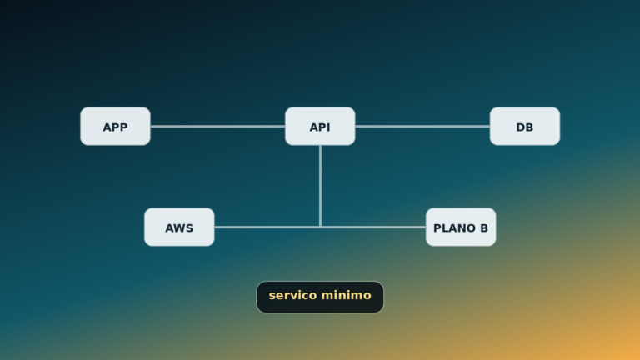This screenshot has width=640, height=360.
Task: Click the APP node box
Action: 116,126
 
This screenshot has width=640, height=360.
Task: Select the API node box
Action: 320,126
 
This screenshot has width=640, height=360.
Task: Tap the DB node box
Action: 525,126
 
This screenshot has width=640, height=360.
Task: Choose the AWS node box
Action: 179,227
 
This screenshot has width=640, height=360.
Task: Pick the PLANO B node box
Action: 461,227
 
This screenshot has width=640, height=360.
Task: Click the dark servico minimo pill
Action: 320,297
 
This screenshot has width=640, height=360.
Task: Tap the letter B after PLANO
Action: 484,228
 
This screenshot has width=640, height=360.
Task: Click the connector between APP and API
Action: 218,127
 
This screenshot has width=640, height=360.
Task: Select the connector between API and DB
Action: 422,127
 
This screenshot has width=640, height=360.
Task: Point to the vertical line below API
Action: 320,186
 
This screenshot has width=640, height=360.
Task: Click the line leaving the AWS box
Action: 267,227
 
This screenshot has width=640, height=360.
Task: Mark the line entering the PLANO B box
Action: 373,227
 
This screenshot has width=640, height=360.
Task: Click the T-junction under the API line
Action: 320,227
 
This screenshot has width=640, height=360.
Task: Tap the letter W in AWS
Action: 180,228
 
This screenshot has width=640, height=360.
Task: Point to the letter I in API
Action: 328,127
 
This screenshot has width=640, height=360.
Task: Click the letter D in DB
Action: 521,127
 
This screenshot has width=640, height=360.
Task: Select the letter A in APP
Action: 107,127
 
